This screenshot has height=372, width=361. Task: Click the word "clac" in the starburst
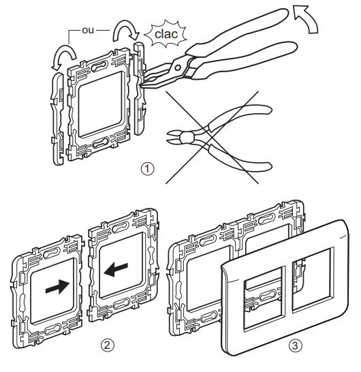[x=166, y=34]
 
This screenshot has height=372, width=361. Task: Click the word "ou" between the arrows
[x=88, y=30]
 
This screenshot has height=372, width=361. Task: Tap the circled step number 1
[x=147, y=169]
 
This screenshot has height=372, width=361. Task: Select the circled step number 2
[x=108, y=345]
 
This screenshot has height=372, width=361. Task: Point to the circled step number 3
[x=296, y=345]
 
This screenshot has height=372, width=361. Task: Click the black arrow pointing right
[x=58, y=287]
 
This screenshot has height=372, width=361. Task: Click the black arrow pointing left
[x=116, y=270]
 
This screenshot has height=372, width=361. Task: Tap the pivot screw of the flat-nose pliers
[x=178, y=68]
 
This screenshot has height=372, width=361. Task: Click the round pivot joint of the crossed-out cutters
[x=186, y=138]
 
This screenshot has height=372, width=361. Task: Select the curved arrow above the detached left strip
[x=63, y=56]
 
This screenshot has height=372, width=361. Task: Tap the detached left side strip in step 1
[x=58, y=119]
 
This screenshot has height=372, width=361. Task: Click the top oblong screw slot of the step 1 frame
[x=99, y=66]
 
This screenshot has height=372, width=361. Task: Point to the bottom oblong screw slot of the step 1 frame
[x=101, y=143]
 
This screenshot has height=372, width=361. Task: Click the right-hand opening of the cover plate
[x=313, y=281]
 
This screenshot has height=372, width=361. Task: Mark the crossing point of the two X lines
[x=210, y=138]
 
